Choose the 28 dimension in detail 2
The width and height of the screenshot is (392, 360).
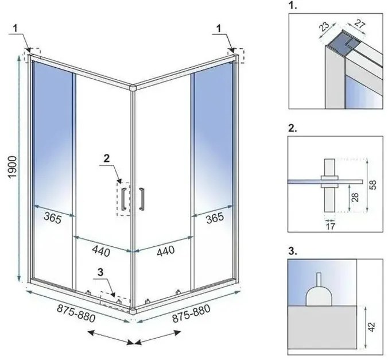356,198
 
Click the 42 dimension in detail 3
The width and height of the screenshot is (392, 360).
372,327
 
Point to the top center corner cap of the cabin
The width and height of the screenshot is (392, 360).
133,88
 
